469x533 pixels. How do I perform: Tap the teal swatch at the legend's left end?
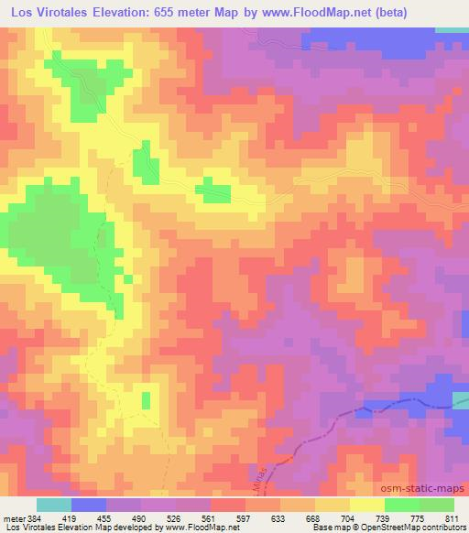point(54,505)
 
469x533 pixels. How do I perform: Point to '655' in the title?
point(167,12)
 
